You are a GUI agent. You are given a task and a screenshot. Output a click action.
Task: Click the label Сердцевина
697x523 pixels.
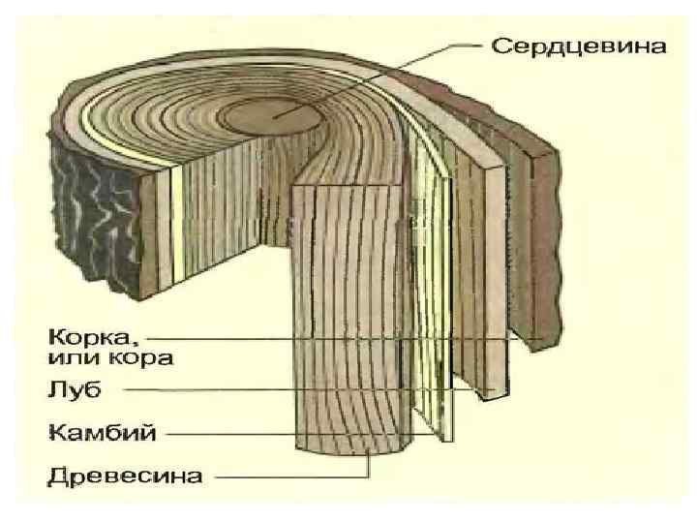[580, 46]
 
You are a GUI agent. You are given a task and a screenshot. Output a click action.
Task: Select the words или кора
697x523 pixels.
[110, 359]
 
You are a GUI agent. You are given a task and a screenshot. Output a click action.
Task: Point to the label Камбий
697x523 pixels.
[101, 432]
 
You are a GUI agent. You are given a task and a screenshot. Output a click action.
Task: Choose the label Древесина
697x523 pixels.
[126, 476]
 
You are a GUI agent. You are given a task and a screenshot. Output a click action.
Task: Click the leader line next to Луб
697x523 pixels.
[290, 390]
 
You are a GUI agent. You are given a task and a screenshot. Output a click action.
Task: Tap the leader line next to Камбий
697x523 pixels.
[290, 432]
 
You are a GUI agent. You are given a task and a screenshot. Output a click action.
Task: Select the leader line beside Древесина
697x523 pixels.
[290, 476]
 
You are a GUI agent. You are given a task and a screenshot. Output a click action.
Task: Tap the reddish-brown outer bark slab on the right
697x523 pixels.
[542, 242]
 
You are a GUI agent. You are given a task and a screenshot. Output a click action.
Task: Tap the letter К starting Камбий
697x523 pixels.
[55, 432]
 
